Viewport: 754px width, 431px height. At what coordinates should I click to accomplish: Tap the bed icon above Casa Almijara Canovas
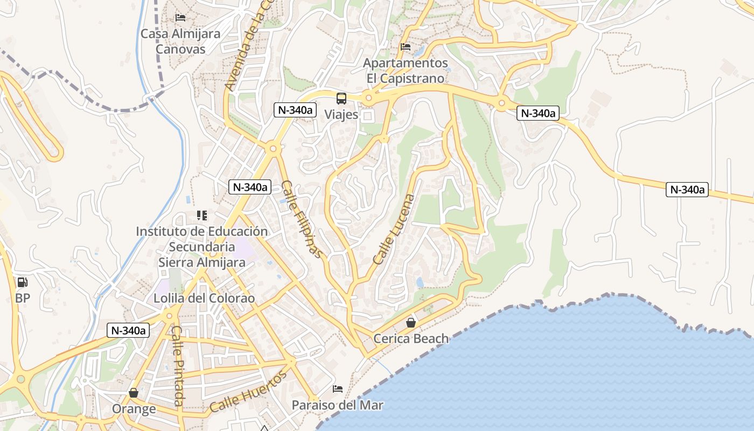click(x=180, y=18)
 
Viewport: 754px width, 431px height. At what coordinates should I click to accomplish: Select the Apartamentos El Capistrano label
click(x=406, y=71)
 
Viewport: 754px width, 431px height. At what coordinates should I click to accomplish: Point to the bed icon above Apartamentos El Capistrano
click(x=406, y=47)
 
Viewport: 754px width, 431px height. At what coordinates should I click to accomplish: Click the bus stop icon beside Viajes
click(x=341, y=98)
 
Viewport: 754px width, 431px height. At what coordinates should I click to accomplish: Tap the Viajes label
click(x=341, y=115)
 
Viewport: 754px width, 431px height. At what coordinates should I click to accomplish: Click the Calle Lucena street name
click(x=394, y=229)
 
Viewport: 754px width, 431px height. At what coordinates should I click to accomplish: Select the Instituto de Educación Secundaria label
click(x=202, y=239)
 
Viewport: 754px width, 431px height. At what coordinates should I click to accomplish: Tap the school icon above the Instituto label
click(x=202, y=215)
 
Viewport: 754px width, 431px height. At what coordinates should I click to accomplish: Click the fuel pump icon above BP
click(x=23, y=282)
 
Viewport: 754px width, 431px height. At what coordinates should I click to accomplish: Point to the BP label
click(x=23, y=298)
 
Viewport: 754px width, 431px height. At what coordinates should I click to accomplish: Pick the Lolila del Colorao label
click(x=204, y=298)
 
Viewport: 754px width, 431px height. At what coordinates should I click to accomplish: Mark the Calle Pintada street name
click(x=178, y=366)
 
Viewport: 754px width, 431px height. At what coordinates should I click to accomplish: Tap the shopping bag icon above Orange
click(x=134, y=393)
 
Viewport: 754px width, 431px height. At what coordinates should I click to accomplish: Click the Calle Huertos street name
click(x=248, y=391)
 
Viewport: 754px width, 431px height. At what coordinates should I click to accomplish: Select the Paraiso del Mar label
click(x=338, y=405)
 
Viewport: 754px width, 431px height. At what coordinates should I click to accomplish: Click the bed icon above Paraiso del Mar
click(x=338, y=388)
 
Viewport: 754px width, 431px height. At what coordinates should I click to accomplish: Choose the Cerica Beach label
click(x=411, y=339)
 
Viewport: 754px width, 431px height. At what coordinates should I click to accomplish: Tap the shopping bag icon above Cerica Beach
click(x=411, y=323)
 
